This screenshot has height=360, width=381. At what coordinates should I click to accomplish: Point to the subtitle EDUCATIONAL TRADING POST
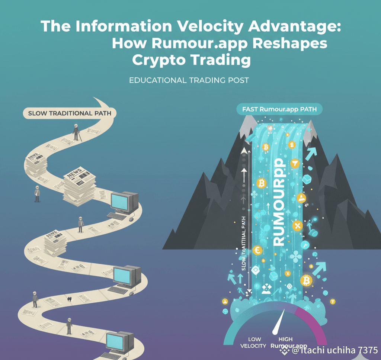[189, 80]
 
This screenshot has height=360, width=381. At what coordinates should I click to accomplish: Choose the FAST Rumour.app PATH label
[279, 110]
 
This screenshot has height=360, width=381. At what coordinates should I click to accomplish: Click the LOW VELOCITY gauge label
[254, 343]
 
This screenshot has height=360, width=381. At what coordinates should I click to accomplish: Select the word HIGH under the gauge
[285, 339]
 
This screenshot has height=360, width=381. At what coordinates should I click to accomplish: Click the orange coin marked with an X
[297, 225]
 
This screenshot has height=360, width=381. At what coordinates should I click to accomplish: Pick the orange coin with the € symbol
[256, 250]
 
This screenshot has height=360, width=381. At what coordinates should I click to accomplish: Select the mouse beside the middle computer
[131, 293]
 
